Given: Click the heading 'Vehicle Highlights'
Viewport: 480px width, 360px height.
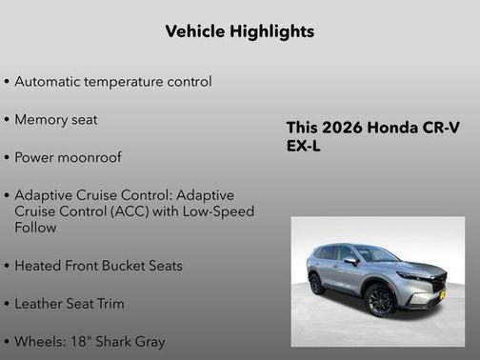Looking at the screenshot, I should click(x=240, y=31).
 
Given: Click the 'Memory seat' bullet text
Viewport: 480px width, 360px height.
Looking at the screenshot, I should click(x=56, y=120).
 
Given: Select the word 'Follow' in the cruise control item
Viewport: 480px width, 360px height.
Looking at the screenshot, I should click(x=36, y=228).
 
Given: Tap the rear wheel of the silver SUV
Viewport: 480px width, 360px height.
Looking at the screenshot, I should click(x=317, y=283).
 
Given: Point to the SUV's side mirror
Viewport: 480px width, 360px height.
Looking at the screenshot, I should click(x=351, y=259).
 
